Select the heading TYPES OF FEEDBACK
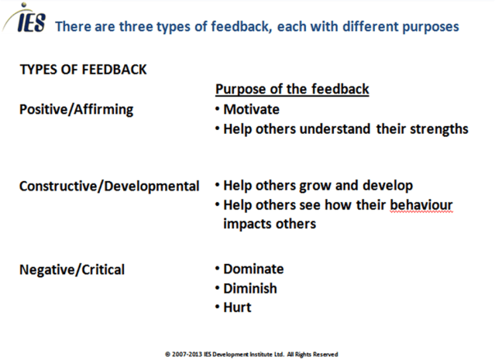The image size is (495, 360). pyautogui.click(x=83, y=70)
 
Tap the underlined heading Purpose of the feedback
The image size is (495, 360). pyautogui.click(x=291, y=90)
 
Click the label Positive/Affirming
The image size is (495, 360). pyautogui.click(x=76, y=109)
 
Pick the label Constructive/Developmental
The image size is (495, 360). pyautogui.click(x=108, y=187)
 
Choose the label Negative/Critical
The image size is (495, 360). pyautogui.click(x=71, y=269)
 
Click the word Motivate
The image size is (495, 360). pyautogui.click(x=251, y=109)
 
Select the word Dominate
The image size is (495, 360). pyautogui.click(x=253, y=269)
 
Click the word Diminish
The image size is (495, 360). pyautogui.click(x=250, y=289)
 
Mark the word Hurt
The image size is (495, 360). pyautogui.click(x=237, y=308)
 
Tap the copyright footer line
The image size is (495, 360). pyautogui.click(x=251, y=354)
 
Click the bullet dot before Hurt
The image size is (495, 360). pyautogui.click(x=217, y=308)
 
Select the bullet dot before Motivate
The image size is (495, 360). pyautogui.click(x=217, y=110)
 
